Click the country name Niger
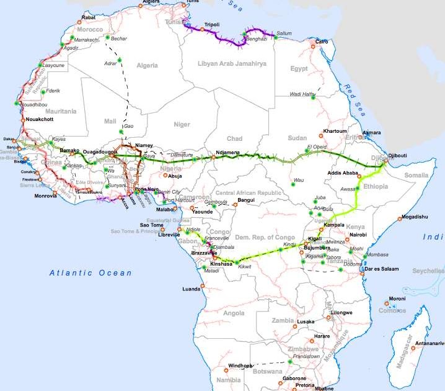coord(182,125)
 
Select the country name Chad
coord(234,138)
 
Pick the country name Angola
coord(234,313)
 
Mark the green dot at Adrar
coord(121,60)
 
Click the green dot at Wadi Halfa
coord(314,97)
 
